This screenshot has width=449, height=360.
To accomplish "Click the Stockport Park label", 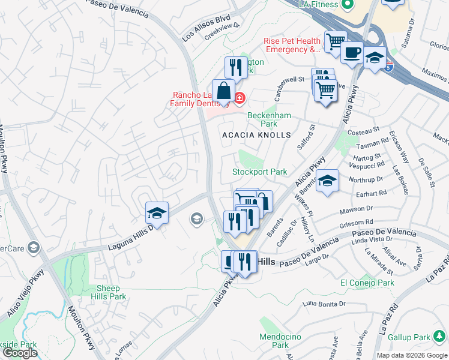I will pos(260,172).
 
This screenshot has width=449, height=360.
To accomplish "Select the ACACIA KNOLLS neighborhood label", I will pos(256,136).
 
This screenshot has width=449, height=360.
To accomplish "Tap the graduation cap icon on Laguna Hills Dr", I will pos(157,212).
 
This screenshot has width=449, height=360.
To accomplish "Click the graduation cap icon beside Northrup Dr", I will pos(327,180).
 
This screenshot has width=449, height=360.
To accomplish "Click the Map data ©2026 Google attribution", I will pos(411,355).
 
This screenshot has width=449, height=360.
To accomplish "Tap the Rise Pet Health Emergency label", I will pos(292,45).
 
